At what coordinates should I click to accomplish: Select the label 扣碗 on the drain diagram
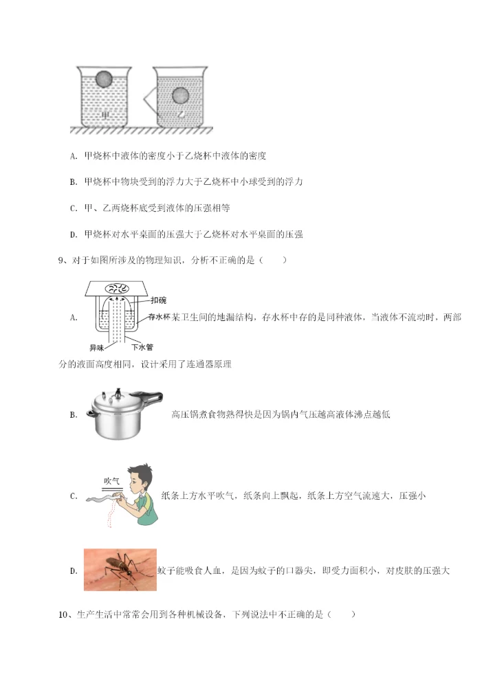(157, 300)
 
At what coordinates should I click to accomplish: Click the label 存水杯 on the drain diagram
(159, 317)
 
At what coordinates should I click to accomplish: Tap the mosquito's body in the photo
(114, 567)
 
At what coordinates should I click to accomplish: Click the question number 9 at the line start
(63, 260)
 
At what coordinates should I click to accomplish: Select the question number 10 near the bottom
(65, 614)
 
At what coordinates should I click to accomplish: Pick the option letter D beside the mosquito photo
(73, 570)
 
